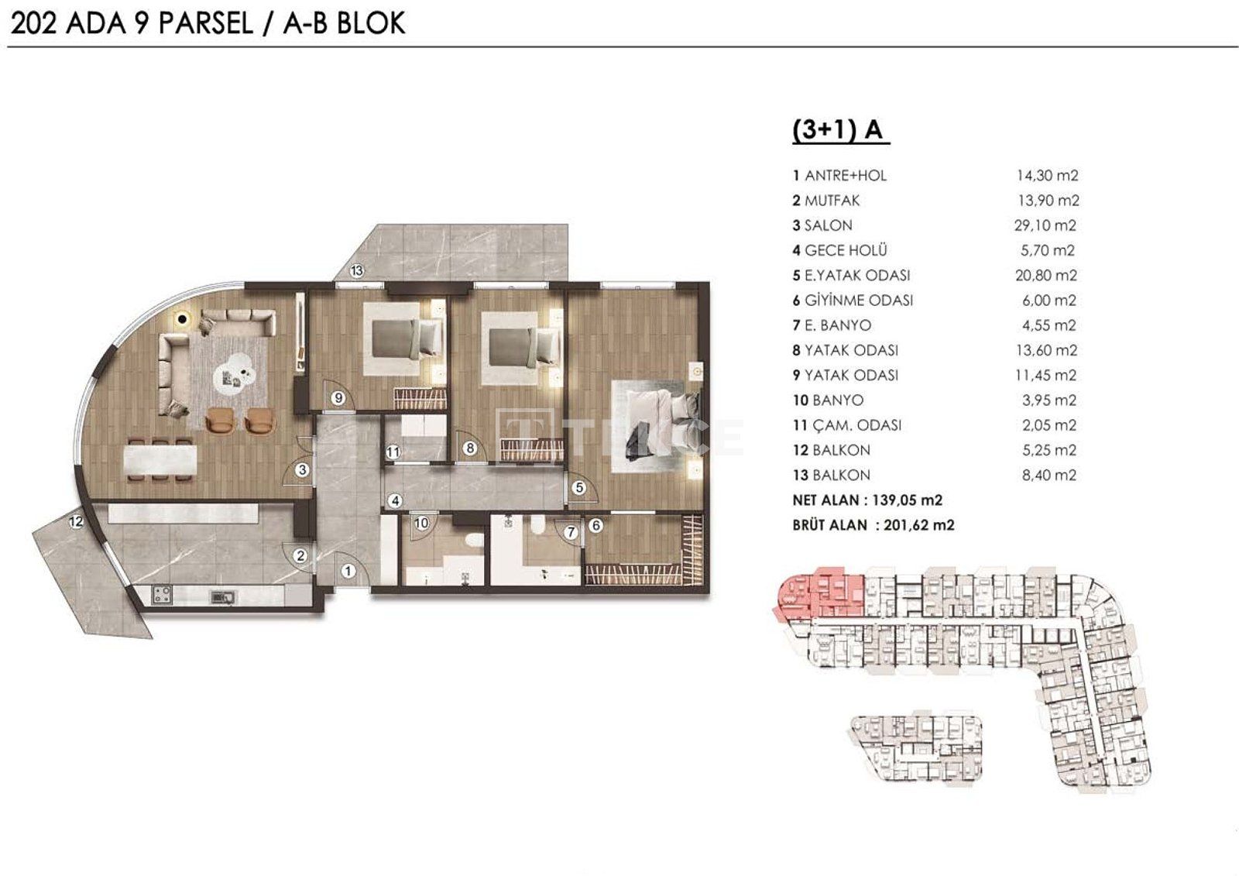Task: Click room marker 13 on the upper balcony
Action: coord(357,270)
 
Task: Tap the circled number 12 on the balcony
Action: coord(76,521)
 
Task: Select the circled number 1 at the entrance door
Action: coord(348,571)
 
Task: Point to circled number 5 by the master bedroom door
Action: coord(579,487)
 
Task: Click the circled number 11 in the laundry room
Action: coord(393,452)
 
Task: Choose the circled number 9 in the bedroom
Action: coord(338,397)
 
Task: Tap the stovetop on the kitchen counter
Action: coord(162,595)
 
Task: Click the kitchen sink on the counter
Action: coord(222,597)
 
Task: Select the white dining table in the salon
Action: coord(160,462)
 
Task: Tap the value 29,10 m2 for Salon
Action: coord(1045,225)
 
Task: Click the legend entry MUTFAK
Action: coord(832,201)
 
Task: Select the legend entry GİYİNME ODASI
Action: coord(859,301)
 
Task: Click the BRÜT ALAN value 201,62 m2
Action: coord(918,525)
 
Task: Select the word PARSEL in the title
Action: coord(206,24)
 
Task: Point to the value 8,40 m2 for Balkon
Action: coord(1049,476)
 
